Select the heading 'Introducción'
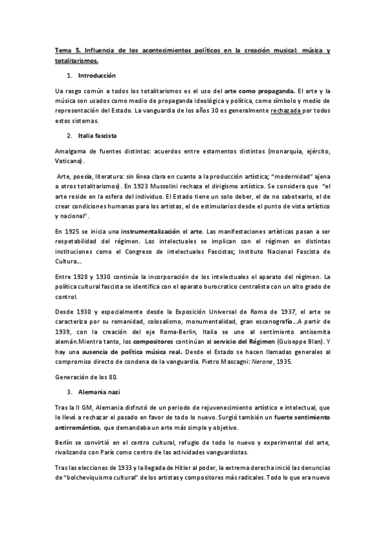tap(95, 76)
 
